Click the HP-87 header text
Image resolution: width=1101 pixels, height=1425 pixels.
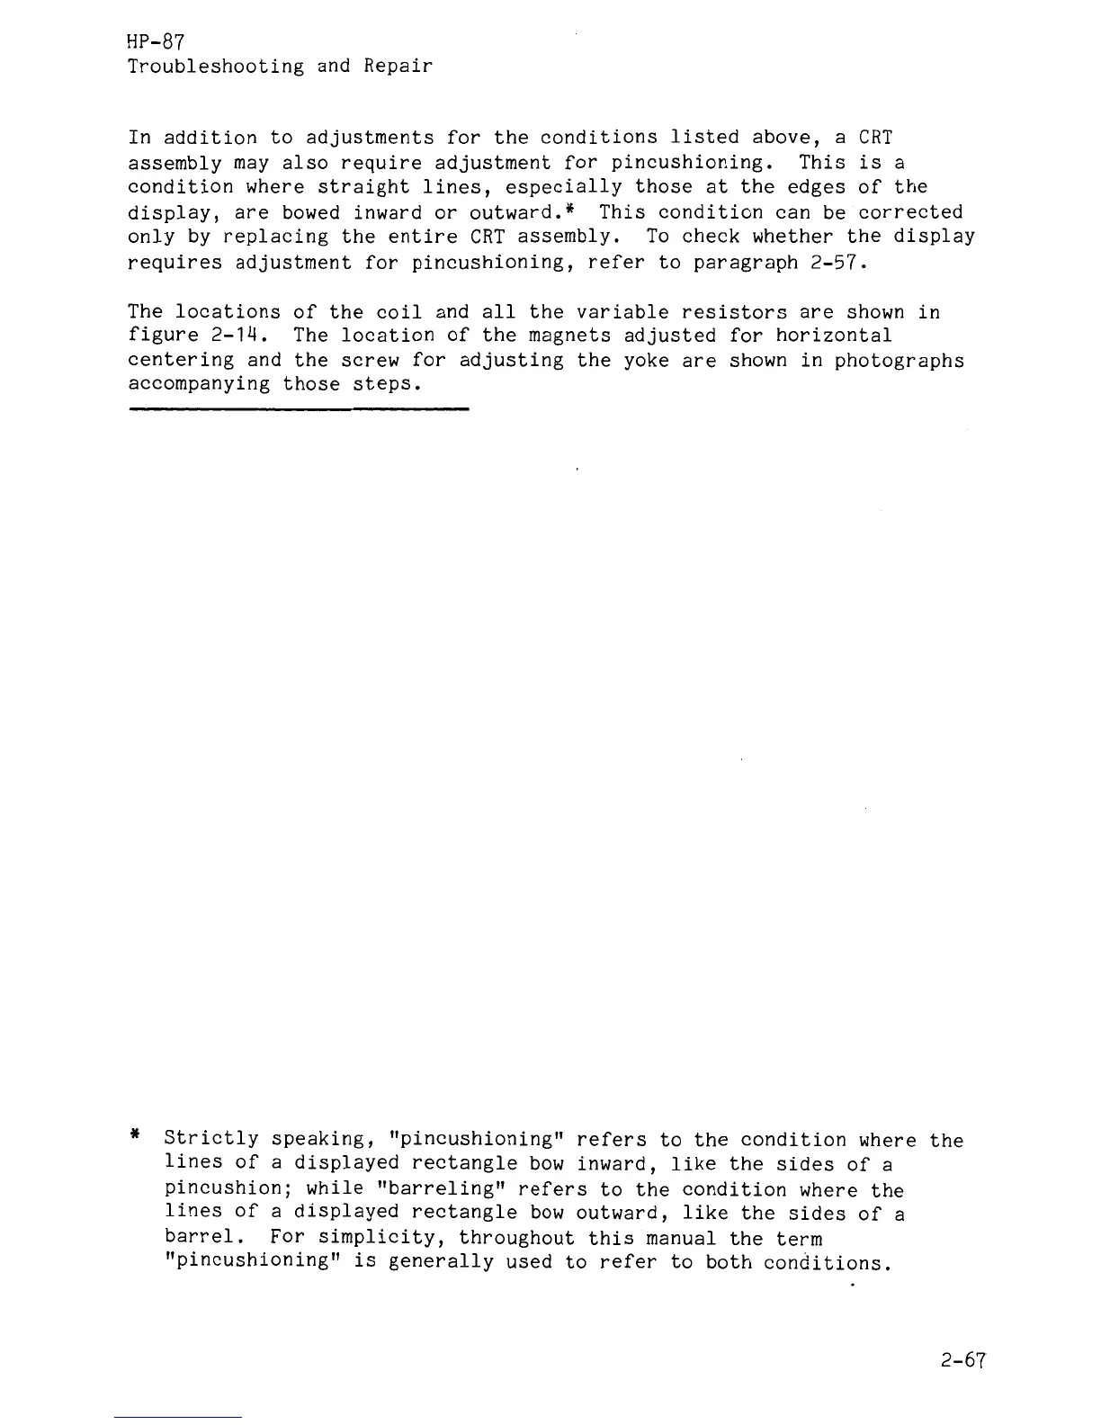[x=157, y=41]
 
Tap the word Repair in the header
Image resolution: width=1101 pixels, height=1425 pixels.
[x=398, y=67]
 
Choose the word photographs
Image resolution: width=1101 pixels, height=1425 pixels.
[x=899, y=361]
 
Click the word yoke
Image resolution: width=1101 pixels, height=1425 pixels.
[x=646, y=361]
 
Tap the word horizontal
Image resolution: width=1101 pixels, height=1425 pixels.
[x=834, y=336]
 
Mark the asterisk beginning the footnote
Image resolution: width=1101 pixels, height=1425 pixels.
[x=134, y=1136]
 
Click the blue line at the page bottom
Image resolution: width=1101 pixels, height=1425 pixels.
[x=178, y=1417]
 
